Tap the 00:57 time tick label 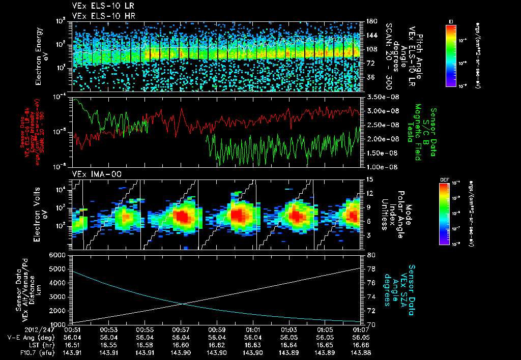pos(181,329)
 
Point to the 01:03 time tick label pos(288,329)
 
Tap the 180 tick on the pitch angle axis pos(370,21)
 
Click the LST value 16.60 pos(181,344)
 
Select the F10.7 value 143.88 pos(360,352)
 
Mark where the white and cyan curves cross pos(182,304)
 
